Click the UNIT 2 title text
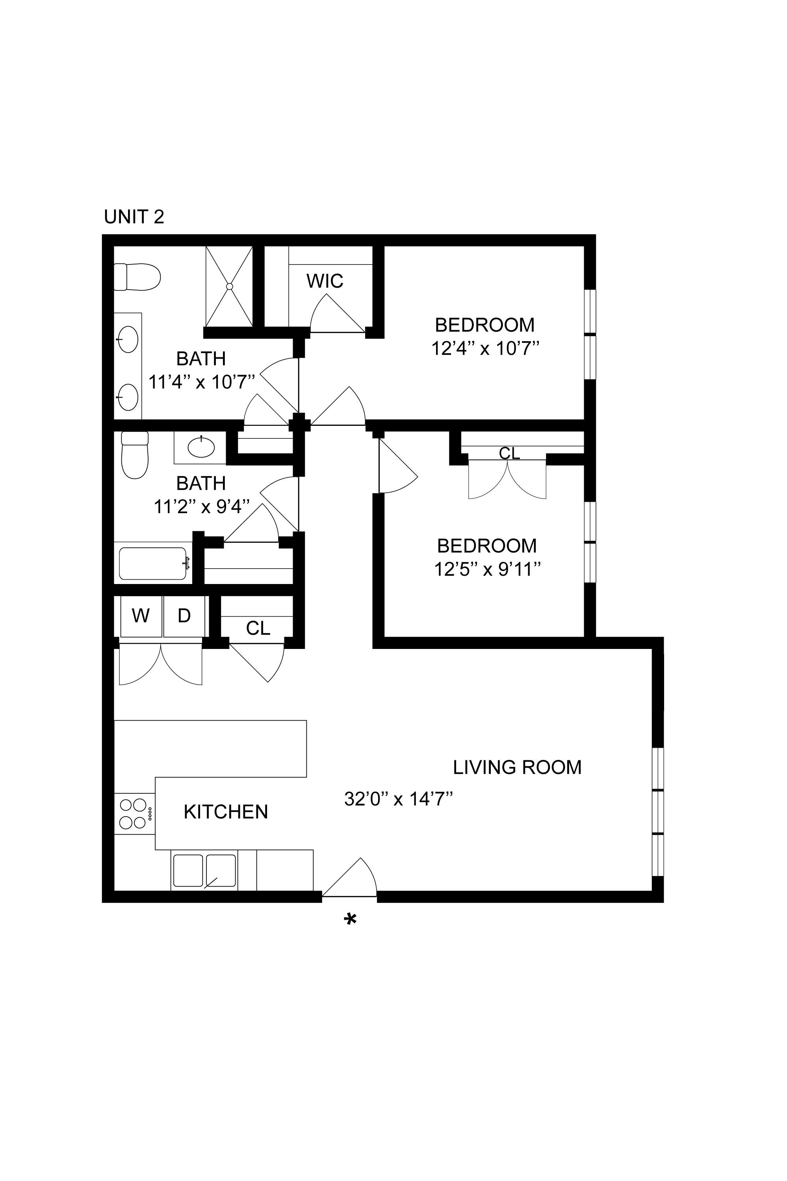(x=134, y=217)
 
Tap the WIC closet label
(x=325, y=281)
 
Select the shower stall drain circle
(x=229, y=286)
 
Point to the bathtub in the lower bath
(x=153, y=564)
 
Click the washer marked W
(x=141, y=615)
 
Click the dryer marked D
(x=184, y=615)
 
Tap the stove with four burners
(x=134, y=813)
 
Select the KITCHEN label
(x=226, y=812)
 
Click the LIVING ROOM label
(x=517, y=767)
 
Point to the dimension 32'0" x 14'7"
(x=399, y=799)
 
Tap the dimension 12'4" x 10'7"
(x=485, y=348)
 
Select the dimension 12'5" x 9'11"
(x=487, y=569)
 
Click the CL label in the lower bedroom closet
(x=509, y=453)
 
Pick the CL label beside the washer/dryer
(x=258, y=628)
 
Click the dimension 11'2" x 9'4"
(x=201, y=507)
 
